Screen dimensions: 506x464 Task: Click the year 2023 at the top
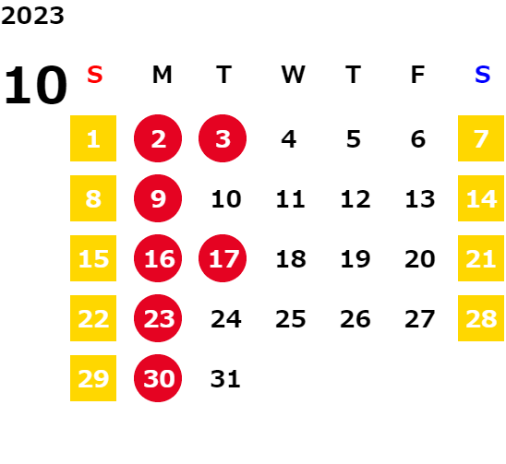[x=32, y=16]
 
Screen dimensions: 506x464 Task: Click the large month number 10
[x=35, y=85]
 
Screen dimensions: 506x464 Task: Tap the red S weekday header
[x=95, y=75]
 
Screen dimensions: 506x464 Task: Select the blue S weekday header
[x=482, y=75]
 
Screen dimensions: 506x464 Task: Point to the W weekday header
[x=293, y=75]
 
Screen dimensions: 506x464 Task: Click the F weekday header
[x=417, y=75]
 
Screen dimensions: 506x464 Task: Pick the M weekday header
[x=162, y=75]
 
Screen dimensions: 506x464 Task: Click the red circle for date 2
[x=158, y=138]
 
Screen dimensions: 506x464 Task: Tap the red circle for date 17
[x=223, y=258]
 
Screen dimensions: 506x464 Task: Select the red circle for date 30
[x=158, y=378]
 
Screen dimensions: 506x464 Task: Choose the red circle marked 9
[x=158, y=198]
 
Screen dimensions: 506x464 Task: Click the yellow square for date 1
[x=93, y=138]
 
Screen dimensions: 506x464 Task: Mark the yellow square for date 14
[x=481, y=198]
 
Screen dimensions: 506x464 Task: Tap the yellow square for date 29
[x=93, y=378]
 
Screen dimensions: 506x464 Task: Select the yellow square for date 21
[x=481, y=258]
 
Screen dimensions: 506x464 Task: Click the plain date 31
[x=225, y=378]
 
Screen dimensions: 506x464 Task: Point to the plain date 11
[x=290, y=198]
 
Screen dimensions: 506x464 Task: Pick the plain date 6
[x=418, y=139]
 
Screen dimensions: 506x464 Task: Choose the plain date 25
[x=291, y=319]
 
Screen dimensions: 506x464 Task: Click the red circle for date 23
[x=158, y=318]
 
